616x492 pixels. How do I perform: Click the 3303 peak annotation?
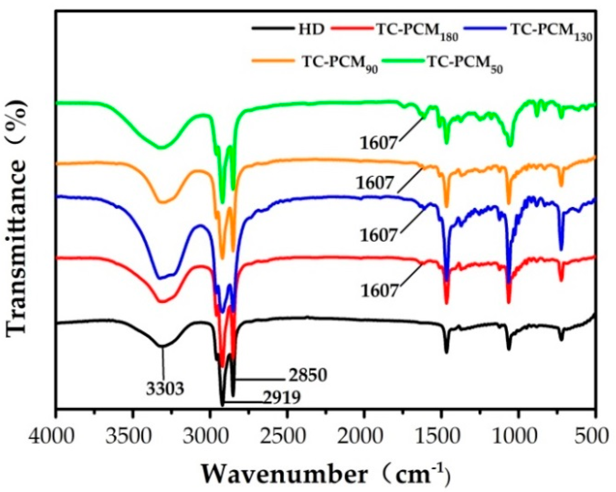[x=165, y=388]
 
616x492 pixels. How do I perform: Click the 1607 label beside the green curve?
[x=379, y=143]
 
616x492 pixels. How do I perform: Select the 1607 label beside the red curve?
[x=380, y=291]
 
